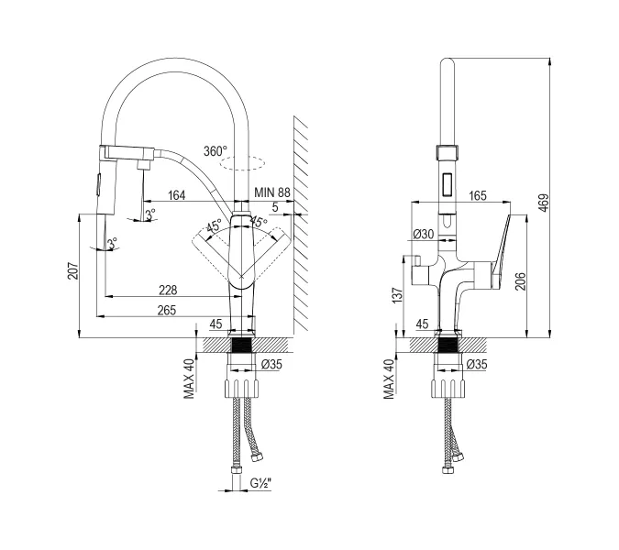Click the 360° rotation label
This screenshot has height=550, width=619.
(x=216, y=151)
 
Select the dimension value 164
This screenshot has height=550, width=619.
(x=176, y=194)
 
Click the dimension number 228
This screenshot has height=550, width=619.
(x=167, y=289)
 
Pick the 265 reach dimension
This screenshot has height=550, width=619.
(x=167, y=311)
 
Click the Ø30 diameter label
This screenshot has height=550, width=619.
(x=424, y=234)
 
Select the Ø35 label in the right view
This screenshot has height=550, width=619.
(x=476, y=365)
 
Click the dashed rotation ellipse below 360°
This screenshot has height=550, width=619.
(x=245, y=165)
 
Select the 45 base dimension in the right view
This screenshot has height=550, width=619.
(x=424, y=323)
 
